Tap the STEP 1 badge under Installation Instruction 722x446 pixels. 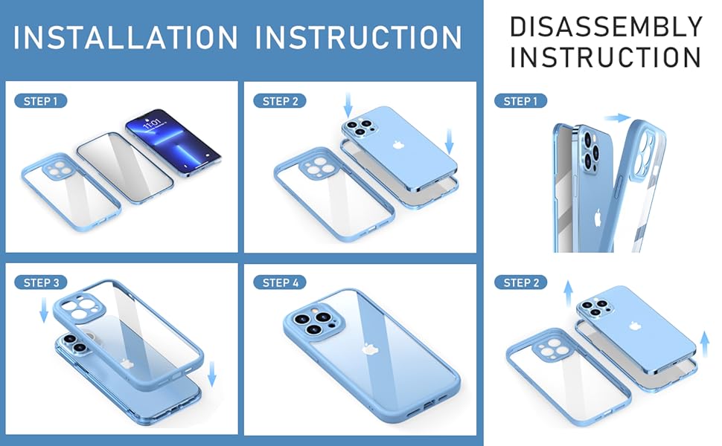[x=40, y=101]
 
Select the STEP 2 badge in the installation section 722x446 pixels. [x=281, y=101]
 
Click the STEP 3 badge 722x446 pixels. [x=41, y=282]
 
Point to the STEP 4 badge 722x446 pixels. [x=281, y=282]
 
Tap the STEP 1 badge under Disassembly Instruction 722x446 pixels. [x=520, y=101]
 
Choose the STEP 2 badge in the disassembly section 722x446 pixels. [x=520, y=282]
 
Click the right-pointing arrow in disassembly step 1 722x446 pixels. [x=617, y=117]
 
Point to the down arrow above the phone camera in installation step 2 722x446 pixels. [x=348, y=104]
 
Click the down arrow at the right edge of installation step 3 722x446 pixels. [x=212, y=374]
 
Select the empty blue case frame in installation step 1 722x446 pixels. [x=68, y=193]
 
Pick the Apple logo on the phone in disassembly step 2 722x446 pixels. [x=637, y=326]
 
